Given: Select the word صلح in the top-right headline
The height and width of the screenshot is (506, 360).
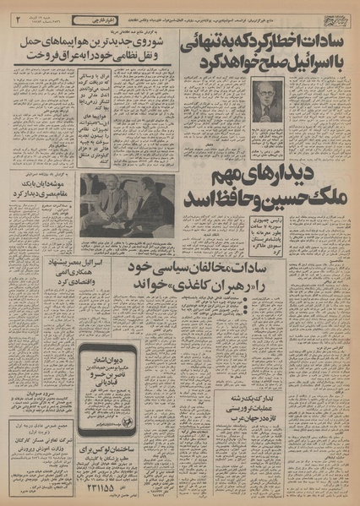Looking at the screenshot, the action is [265, 63].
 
